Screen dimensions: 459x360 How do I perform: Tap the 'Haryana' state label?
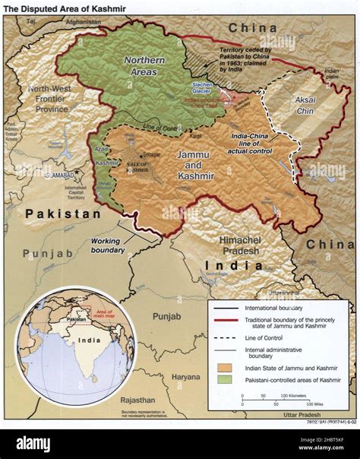[x=185, y=376]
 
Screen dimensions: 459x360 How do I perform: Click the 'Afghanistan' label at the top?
[x=83, y=23]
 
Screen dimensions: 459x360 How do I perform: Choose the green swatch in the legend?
[x=223, y=379]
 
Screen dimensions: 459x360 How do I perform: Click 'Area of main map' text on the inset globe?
[x=103, y=313]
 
